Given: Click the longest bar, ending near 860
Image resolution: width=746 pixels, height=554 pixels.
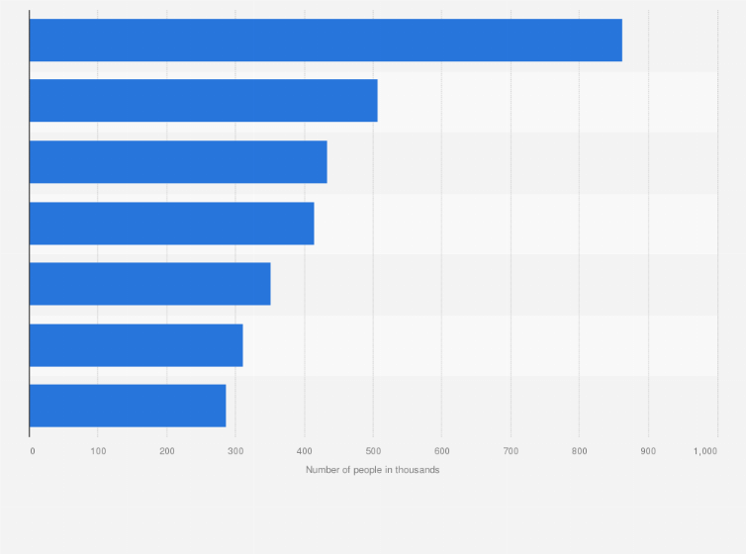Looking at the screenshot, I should pos(326,40).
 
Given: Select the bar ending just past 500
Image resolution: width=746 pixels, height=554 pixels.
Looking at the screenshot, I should pos(203,101).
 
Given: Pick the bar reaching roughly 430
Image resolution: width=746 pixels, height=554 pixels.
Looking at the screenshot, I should pos(178,162).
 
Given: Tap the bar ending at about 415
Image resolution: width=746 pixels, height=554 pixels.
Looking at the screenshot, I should pos(171,223).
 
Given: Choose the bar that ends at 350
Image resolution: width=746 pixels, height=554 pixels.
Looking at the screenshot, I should pos(149,284).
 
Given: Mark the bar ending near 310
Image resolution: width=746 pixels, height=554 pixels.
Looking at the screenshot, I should pos(136,345).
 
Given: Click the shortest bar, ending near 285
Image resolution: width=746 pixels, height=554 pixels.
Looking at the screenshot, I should pos(128,406).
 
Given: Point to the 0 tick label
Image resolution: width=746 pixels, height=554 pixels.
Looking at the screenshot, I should pos(33,451).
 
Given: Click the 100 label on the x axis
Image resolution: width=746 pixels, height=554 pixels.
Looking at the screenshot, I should pos(98,451).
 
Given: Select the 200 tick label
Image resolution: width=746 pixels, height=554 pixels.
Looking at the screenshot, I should pos(167,451).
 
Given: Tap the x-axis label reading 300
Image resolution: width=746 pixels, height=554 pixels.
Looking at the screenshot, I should pos(235,451).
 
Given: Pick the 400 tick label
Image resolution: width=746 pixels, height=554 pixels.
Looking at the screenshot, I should pos(304,451).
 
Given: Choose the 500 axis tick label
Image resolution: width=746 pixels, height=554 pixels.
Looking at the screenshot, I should pos(373,451).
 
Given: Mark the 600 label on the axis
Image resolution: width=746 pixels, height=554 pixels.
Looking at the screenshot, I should pos(441,451).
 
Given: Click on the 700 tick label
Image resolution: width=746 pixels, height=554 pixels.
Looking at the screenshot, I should pos(511,451).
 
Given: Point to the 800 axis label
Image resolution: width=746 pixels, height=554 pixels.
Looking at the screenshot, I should pos(579,451).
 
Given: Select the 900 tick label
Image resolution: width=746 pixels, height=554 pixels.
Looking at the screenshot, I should pos(648,451).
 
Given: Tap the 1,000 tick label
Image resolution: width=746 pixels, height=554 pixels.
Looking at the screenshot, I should pos(705,451).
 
